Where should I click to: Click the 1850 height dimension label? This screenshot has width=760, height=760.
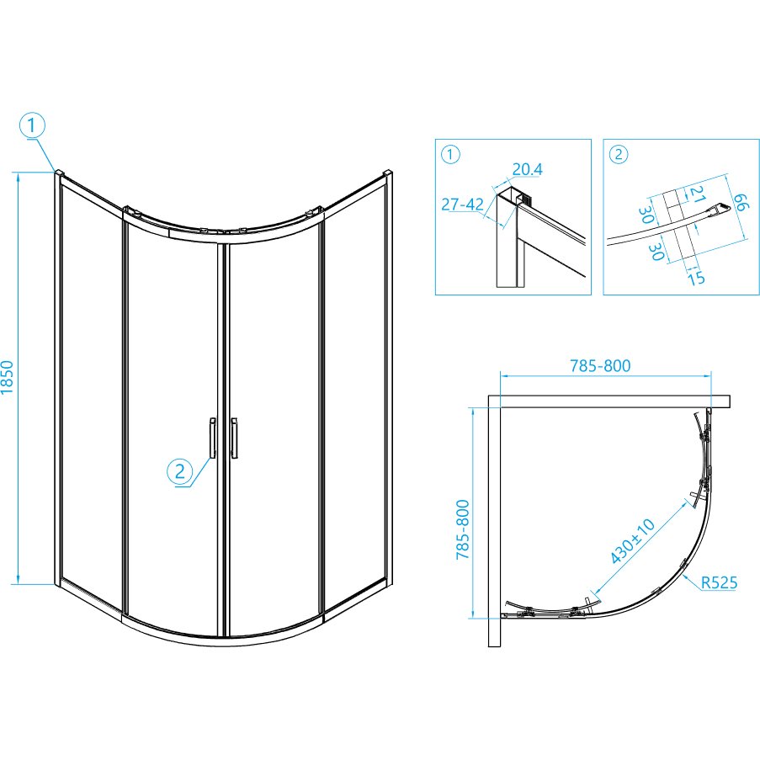point(8,378)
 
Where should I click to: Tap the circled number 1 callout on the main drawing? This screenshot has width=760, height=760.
point(32,125)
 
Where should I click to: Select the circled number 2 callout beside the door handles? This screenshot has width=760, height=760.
point(180,471)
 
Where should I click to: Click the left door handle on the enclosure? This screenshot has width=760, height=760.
point(212,438)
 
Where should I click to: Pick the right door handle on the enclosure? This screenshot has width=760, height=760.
point(235,438)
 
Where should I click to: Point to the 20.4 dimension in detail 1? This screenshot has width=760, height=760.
point(528,169)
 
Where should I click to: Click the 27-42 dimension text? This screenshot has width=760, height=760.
point(462,205)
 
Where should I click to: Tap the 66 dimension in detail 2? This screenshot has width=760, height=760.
point(741,202)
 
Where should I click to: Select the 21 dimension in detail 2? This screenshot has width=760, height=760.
point(697,194)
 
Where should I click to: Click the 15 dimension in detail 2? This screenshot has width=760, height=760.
point(695,278)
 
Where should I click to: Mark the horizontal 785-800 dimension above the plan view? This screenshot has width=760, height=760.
point(600,365)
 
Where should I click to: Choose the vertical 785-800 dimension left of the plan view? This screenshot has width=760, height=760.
point(464,529)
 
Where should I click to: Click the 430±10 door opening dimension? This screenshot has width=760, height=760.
point(632,541)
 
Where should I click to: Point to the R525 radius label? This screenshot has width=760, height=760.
point(720,582)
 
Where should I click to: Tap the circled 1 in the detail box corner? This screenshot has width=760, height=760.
point(451,155)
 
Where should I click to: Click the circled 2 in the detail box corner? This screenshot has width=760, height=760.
point(619,155)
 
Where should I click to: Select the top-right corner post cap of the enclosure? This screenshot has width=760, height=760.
point(388,173)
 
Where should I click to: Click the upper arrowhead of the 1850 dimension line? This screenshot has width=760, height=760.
point(19,177)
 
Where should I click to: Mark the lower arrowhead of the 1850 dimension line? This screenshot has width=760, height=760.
point(19,579)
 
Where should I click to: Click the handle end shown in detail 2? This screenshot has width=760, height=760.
point(718,210)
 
